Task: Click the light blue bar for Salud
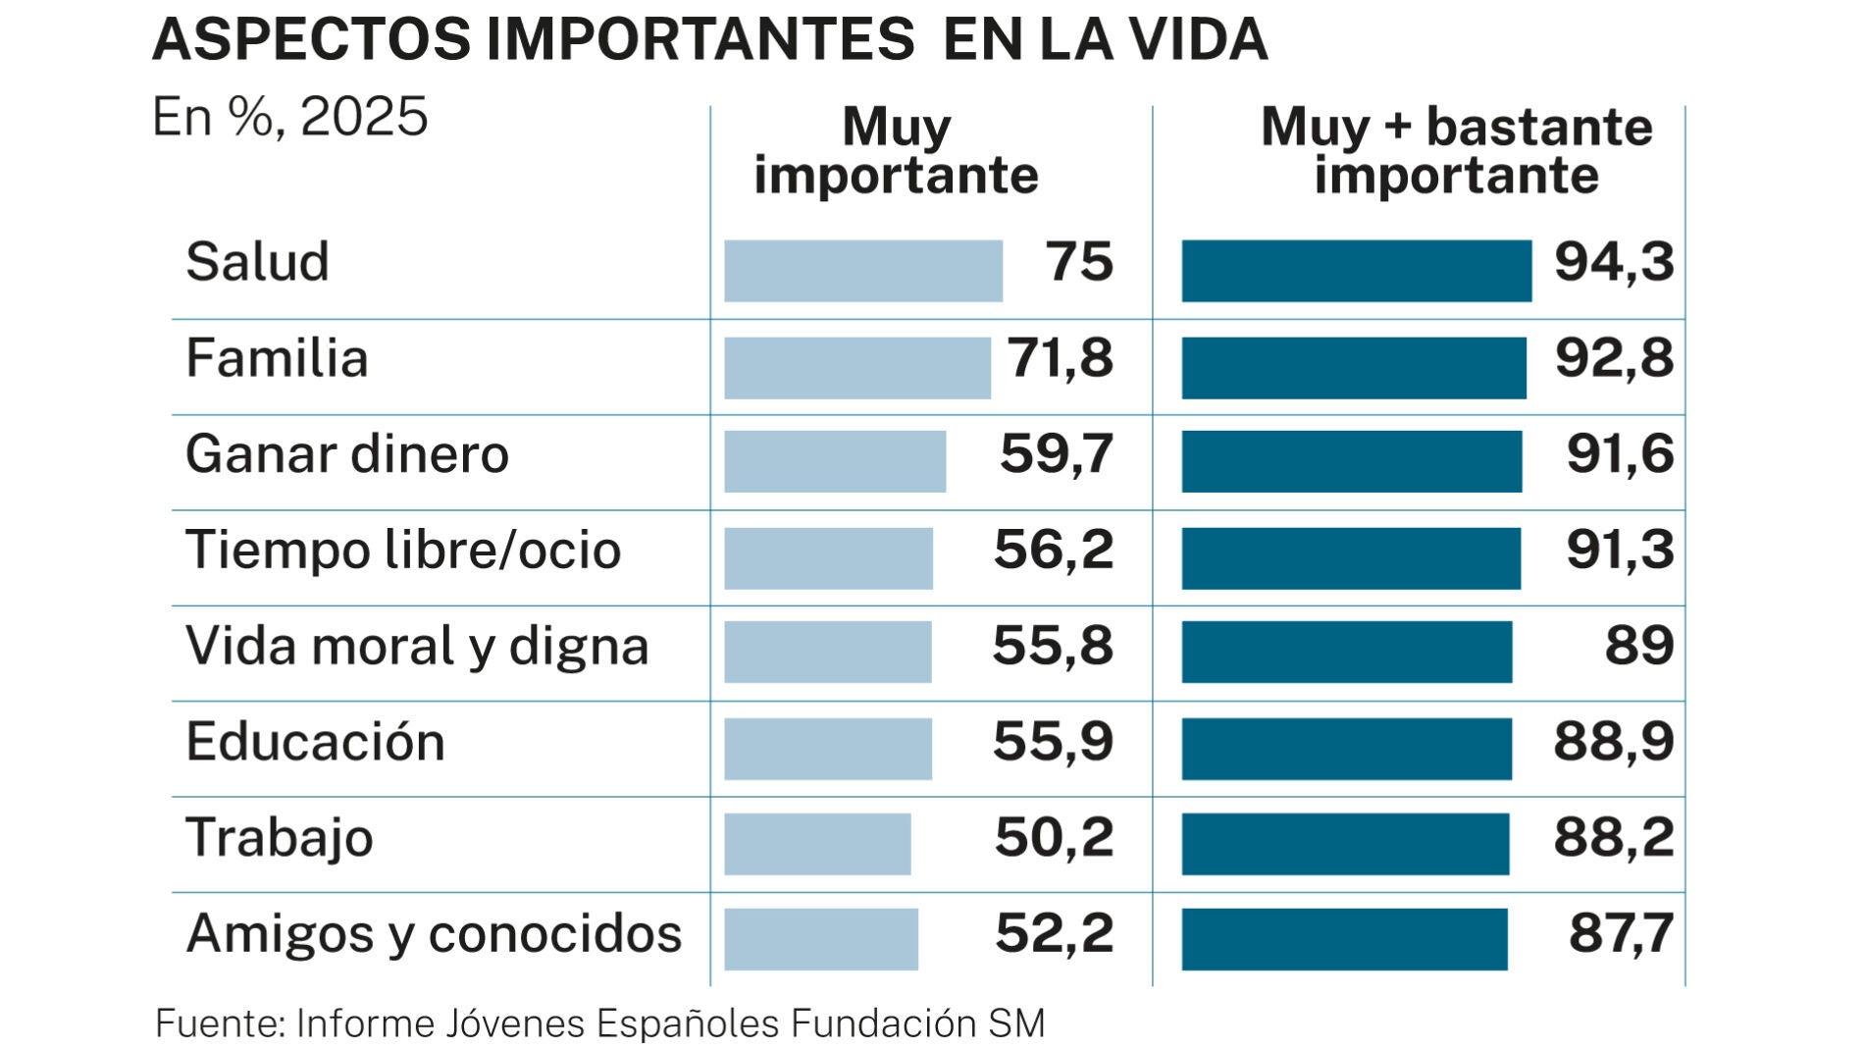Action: tap(863, 271)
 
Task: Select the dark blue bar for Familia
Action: tap(1354, 368)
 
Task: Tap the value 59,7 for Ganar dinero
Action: tap(1057, 454)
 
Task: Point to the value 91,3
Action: tap(1620, 550)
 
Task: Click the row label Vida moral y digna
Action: tap(417, 647)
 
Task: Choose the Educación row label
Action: tap(315, 742)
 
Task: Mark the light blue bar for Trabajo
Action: tap(817, 844)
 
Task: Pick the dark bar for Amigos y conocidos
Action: tap(1344, 939)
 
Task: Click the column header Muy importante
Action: tap(896, 151)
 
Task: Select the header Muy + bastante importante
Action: tap(1457, 151)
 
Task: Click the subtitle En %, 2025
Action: tap(290, 117)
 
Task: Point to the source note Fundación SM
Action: tap(917, 1023)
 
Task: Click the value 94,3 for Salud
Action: tap(1614, 263)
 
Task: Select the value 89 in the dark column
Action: tap(1639, 646)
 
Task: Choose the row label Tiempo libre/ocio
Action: tap(403, 551)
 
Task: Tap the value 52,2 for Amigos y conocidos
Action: tap(1055, 933)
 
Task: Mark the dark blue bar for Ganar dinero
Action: tap(1352, 461)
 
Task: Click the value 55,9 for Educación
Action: tap(1054, 742)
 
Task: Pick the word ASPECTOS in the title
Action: tap(312, 40)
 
